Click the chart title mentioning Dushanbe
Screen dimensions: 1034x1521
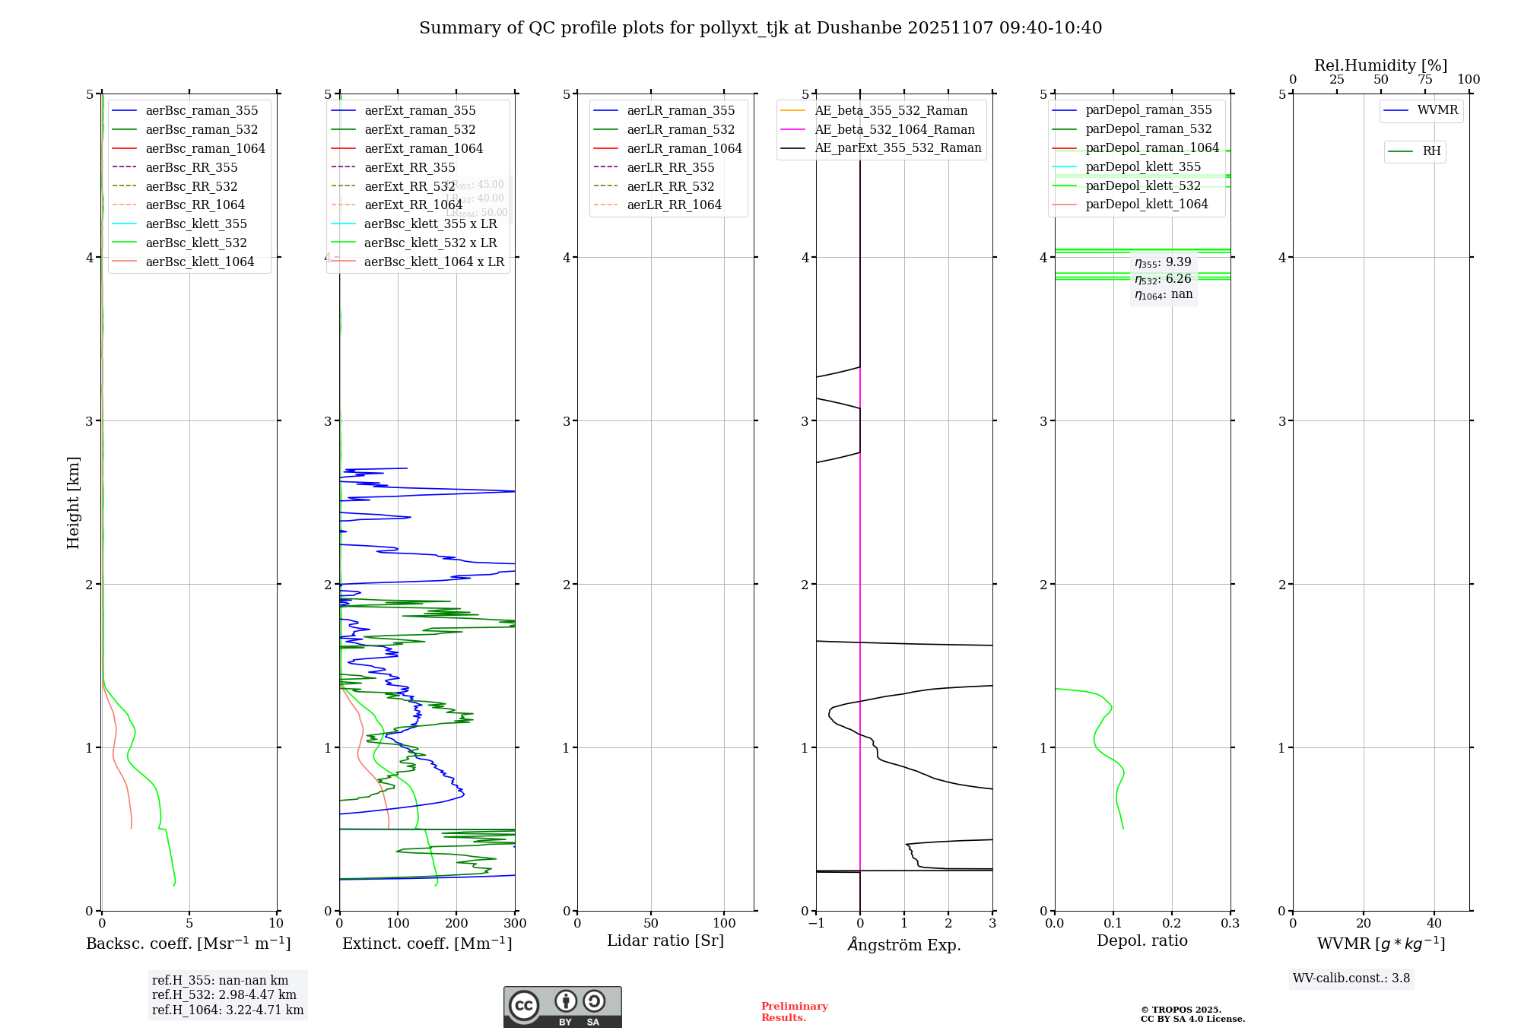(x=760, y=28)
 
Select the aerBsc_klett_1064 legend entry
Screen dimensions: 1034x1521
(x=199, y=262)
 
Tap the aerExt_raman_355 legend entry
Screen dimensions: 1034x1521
(x=420, y=110)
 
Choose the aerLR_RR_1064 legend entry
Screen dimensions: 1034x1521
(x=674, y=205)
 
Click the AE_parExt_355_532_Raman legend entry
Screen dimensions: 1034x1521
(x=897, y=147)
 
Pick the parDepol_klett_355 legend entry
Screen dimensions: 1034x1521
(x=1143, y=167)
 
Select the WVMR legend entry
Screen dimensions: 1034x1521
(x=1437, y=110)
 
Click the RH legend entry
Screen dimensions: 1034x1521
(x=1431, y=151)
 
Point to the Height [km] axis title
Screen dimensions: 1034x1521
(x=73, y=502)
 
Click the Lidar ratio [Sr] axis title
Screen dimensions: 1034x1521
(x=665, y=940)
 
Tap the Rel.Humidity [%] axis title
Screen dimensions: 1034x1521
(x=1380, y=65)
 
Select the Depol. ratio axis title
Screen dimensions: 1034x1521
(x=1142, y=940)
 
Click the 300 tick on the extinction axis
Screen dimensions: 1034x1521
(x=516, y=924)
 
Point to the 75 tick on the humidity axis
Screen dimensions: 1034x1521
(x=1424, y=80)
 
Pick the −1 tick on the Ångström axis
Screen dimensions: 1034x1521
(x=816, y=924)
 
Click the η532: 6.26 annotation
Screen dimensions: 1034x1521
(x=1163, y=279)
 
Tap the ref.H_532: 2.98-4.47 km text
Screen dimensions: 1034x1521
(x=224, y=995)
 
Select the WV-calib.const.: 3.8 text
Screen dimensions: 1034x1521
(x=1351, y=978)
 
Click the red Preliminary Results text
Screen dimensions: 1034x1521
(x=794, y=1012)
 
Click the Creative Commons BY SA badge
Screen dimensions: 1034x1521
(x=562, y=1007)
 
